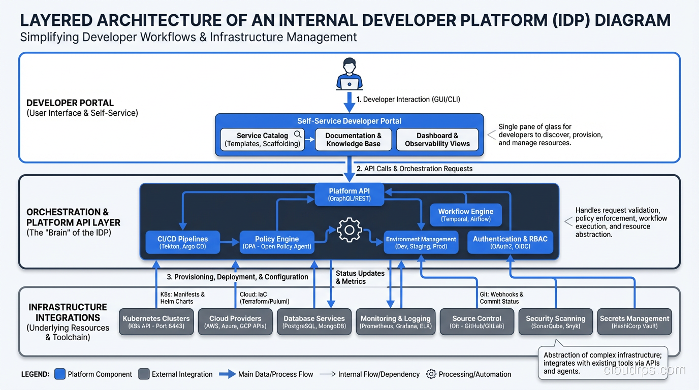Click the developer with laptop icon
click(x=349, y=75)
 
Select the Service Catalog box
click(x=263, y=140)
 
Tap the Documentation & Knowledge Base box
click(x=353, y=140)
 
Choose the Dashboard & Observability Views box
click(x=437, y=140)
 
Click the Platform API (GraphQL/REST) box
click(x=349, y=194)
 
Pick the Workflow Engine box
click(x=465, y=215)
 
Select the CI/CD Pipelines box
click(x=183, y=243)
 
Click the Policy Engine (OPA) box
click(x=276, y=243)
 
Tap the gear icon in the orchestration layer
click(x=349, y=230)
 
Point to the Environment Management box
click(x=421, y=243)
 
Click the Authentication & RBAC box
click(x=510, y=243)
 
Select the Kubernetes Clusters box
click(x=156, y=322)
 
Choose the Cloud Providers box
click(x=235, y=322)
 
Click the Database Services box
click(x=314, y=322)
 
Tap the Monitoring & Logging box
click(x=395, y=322)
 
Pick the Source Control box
click(x=476, y=322)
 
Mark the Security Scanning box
click(x=555, y=322)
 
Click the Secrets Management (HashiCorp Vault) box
click(x=634, y=322)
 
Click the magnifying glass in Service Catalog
click(x=298, y=134)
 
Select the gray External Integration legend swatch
click(x=144, y=374)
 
